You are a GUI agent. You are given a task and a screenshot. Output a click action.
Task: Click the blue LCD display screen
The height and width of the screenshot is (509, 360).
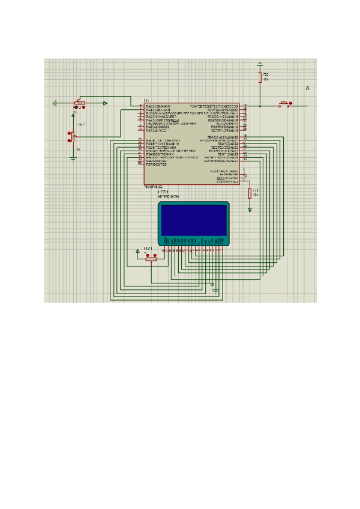click(x=193, y=220)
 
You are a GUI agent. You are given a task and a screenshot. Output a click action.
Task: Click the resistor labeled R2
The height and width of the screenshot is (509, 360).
click(x=260, y=77)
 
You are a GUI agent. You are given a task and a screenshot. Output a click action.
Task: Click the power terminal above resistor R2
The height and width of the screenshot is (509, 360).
click(x=260, y=62)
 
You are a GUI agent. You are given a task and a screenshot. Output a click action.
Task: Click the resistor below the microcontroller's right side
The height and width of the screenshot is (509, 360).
click(x=250, y=192)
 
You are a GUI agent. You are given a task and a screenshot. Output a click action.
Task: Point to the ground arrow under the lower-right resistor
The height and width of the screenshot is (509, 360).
click(x=250, y=209)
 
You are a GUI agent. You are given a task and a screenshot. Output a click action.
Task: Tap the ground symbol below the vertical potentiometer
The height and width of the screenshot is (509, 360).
click(x=73, y=158)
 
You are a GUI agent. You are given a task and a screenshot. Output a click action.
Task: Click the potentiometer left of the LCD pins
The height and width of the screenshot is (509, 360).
click(x=150, y=258)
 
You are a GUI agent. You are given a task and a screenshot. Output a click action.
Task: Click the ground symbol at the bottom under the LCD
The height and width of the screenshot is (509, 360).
click(x=215, y=292)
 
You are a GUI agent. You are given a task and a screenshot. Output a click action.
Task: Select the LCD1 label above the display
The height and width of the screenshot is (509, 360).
click(x=163, y=192)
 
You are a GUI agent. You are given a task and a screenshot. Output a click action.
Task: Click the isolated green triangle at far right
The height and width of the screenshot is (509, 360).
click(x=308, y=88)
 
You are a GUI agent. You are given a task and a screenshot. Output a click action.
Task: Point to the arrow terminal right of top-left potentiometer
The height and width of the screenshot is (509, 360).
click(x=105, y=103)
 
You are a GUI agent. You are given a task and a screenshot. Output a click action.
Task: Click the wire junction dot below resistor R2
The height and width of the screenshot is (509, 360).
click(x=260, y=106)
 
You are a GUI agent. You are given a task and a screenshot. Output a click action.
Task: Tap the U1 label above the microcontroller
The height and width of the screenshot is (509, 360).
click(x=146, y=100)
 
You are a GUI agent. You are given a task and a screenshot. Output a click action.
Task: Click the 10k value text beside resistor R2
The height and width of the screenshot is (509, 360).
click(x=265, y=79)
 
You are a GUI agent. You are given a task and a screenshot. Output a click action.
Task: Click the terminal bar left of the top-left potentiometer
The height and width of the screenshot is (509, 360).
click(x=55, y=103)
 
